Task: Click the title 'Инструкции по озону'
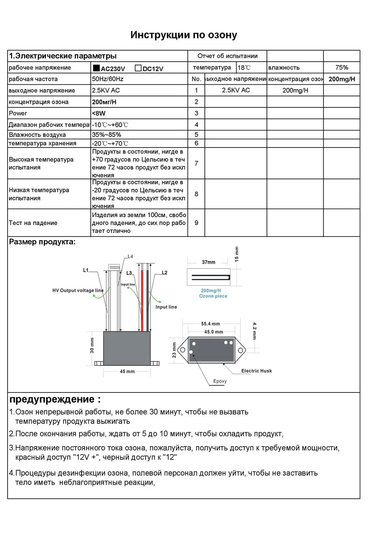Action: tap(184, 35)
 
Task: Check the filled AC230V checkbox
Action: tap(96, 68)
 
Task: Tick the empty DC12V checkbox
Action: tap(138, 68)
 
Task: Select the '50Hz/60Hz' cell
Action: tap(108, 79)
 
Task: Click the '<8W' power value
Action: tap(99, 113)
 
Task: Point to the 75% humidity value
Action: tap(342, 67)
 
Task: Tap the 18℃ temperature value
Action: tap(244, 68)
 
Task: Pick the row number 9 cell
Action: tap(196, 223)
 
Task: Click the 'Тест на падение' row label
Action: tap(33, 223)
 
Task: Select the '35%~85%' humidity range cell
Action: tap(107, 135)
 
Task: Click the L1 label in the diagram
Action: tap(86, 270)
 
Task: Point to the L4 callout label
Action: tap(130, 256)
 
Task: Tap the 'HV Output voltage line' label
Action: tap(78, 290)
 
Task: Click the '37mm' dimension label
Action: tap(208, 262)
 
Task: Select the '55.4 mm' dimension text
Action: tap(211, 324)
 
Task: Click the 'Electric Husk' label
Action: tap(257, 371)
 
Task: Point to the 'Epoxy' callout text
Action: tap(220, 381)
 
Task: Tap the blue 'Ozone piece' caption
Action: tap(213, 296)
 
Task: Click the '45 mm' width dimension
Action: tap(127, 371)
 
